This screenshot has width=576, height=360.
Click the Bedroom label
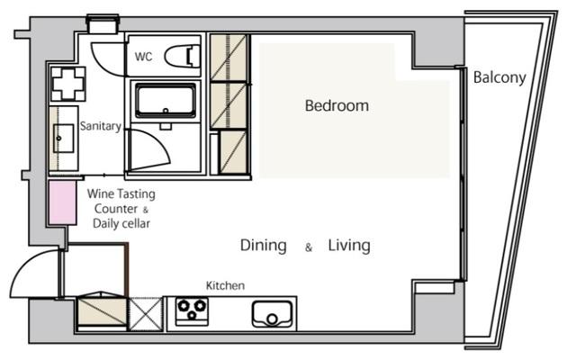tap(337, 106)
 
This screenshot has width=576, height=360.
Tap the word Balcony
tap(499, 77)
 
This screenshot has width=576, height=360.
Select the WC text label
tap(143, 57)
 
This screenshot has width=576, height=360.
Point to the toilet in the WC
tap(182, 56)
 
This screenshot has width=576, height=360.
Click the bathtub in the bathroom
tap(166, 100)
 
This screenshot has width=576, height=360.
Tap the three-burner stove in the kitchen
tap(192, 311)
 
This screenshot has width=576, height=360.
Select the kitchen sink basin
tap(272, 314)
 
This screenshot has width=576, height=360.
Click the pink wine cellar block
tap(63, 202)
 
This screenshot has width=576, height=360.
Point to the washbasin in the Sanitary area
tap(63, 138)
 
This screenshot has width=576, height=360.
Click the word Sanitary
tap(101, 126)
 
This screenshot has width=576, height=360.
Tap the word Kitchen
tap(225, 285)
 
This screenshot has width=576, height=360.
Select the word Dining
tap(264, 246)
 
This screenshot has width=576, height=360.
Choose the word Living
tap(349, 246)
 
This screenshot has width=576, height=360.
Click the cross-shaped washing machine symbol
tap(68, 84)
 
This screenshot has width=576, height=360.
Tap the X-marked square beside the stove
tap(146, 314)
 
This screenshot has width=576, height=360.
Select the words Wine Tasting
tap(121, 194)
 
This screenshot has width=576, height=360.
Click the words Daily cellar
tap(121, 223)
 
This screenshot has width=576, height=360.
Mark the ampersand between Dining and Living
tap(309, 247)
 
